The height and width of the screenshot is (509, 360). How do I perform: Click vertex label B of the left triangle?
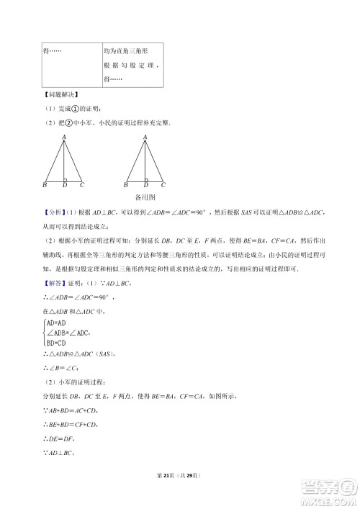click(x=45, y=186)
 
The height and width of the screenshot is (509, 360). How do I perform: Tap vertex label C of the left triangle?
click(x=83, y=186)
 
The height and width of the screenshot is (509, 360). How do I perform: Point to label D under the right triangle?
click(x=145, y=186)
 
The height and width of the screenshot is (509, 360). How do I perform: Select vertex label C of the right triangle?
click(x=163, y=186)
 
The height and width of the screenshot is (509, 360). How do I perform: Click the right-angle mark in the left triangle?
click(x=66, y=179)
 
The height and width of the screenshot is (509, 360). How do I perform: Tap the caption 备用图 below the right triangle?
click(x=145, y=196)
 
